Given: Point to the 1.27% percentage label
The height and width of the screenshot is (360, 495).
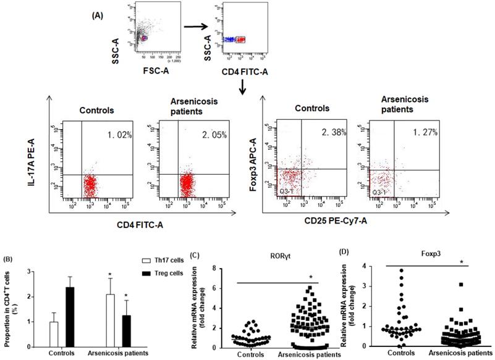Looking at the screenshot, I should (416, 131).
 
